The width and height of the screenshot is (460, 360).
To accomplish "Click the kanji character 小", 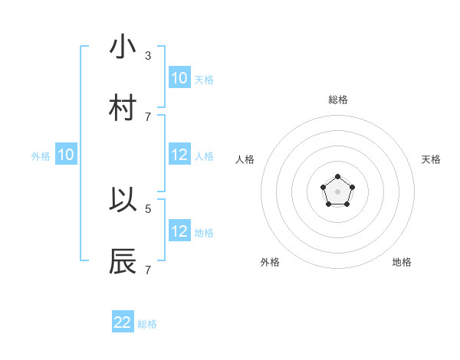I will coord(123,47).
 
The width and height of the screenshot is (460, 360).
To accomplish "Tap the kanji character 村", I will coord(123,108).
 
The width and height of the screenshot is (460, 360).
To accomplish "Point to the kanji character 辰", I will coord(123,260).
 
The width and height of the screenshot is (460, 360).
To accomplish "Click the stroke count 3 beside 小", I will coord(148,56).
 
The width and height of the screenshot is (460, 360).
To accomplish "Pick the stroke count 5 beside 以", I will coord(148,208).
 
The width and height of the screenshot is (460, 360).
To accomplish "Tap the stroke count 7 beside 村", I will coord(148,117).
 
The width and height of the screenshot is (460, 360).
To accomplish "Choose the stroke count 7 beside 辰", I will coord(148,270).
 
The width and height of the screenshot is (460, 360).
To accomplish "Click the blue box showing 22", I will coord(123,322).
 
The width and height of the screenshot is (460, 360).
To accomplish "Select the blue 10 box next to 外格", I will coord(66,155).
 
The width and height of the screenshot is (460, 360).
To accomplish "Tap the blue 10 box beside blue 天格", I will coord(179,77).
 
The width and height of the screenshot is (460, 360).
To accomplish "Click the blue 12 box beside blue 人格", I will coord(179,154).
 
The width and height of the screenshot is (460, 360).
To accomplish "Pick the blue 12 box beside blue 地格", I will coord(179,231).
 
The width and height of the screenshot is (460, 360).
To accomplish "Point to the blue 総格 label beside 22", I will coord(147,324).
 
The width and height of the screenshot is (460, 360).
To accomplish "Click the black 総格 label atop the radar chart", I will coord(338,100).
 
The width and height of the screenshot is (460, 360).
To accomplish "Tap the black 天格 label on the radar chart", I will coord(431,159).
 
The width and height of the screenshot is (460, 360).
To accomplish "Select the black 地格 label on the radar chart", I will coord(402,262).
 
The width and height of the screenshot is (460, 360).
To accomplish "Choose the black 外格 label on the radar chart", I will coord(270,262).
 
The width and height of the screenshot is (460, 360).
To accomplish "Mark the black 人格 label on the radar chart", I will coord(245,159).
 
